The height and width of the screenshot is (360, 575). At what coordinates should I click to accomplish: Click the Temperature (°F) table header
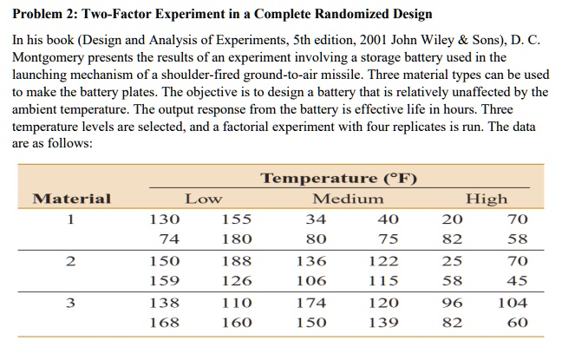(x=340, y=180)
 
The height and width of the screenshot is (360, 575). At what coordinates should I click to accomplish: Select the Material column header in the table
(x=71, y=199)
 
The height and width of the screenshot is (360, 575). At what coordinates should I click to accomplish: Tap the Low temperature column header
(x=203, y=199)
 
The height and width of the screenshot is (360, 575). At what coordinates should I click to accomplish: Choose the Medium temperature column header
(x=347, y=199)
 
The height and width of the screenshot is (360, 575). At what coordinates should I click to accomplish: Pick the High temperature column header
(x=487, y=199)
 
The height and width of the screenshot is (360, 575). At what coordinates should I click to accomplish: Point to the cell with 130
(x=165, y=219)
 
